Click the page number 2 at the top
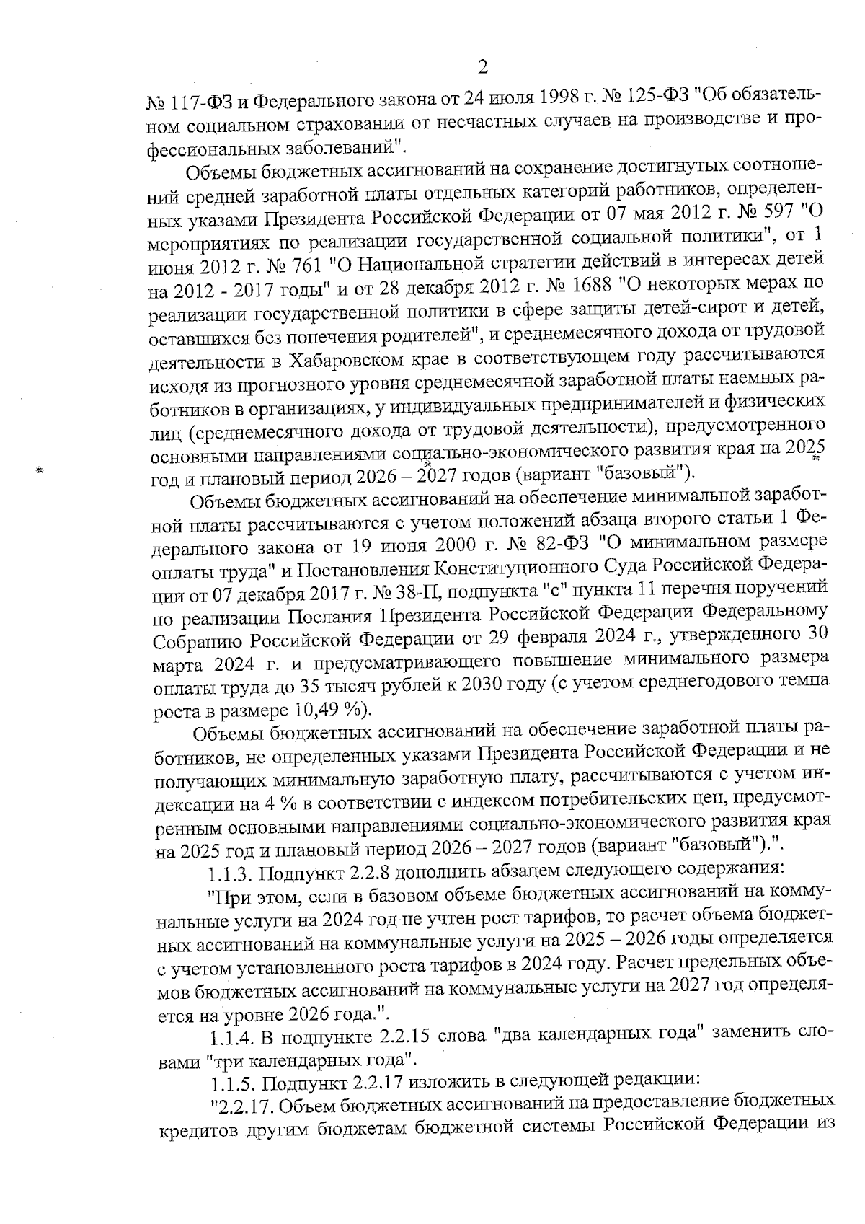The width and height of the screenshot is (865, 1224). (x=482, y=67)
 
